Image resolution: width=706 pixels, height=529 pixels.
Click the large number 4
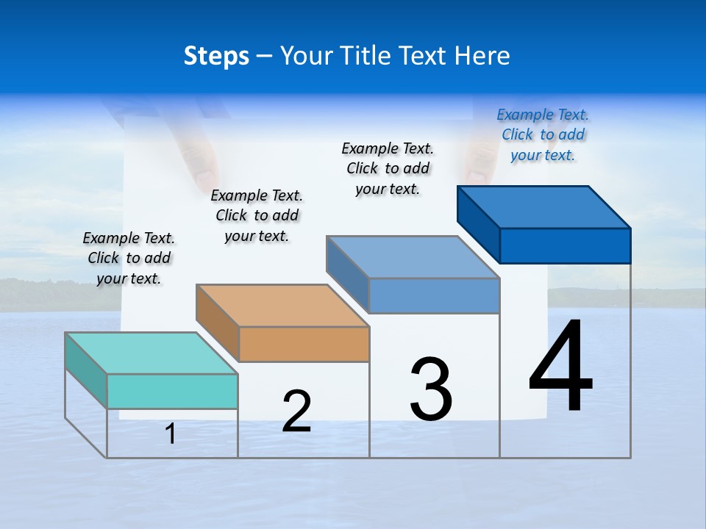click(x=561, y=367)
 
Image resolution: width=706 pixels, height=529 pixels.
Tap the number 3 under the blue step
click(x=431, y=389)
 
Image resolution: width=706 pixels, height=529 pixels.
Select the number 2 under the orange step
click(x=296, y=411)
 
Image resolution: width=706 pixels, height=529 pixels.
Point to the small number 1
click(x=171, y=434)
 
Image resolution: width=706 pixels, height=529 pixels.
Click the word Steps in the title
click(x=216, y=56)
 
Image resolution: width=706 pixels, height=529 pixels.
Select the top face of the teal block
click(x=151, y=353)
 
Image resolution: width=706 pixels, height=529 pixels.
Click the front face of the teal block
click(x=172, y=391)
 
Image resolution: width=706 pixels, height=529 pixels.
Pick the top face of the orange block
click(x=282, y=305)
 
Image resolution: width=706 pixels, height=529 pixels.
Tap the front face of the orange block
click(x=304, y=344)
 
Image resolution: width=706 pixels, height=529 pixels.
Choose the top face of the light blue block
click(x=413, y=257)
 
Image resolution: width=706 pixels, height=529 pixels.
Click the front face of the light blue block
click(x=434, y=295)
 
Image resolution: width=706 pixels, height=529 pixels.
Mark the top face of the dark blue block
click(x=544, y=206)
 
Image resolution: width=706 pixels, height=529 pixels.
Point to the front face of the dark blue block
click(x=565, y=245)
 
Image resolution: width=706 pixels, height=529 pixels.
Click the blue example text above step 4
click(x=543, y=134)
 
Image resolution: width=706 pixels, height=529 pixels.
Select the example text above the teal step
click(x=129, y=258)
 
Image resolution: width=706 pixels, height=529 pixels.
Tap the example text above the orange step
click(x=257, y=215)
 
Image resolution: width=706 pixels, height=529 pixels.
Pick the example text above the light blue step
click(x=388, y=168)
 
